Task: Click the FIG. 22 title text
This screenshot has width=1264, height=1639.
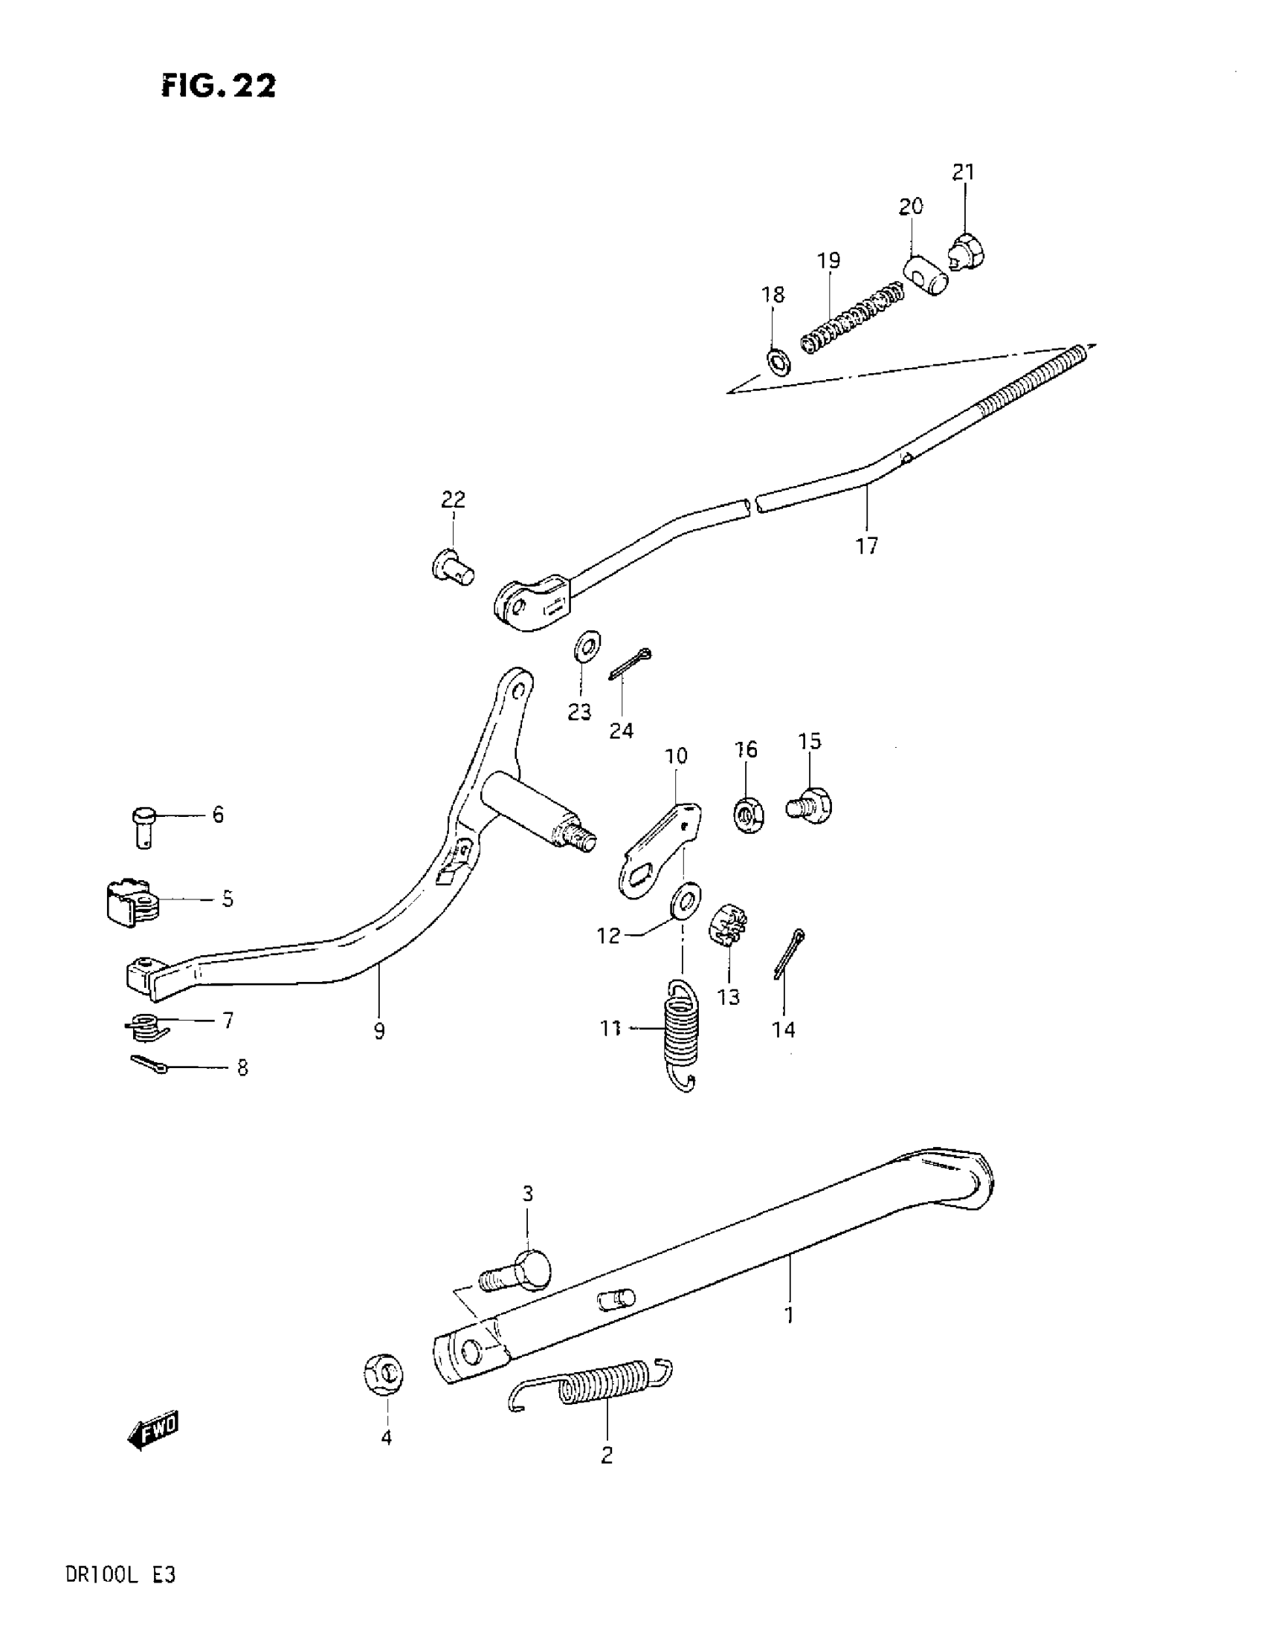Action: click(x=219, y=85)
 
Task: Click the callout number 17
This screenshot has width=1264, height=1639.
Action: click(x=866, y=546)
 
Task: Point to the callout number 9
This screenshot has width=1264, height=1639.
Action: click(x=379, y=1032)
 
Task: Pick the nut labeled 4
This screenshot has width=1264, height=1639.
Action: click(x=385, y=1374)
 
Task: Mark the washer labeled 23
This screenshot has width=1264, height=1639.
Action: click(x=585, y=646)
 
